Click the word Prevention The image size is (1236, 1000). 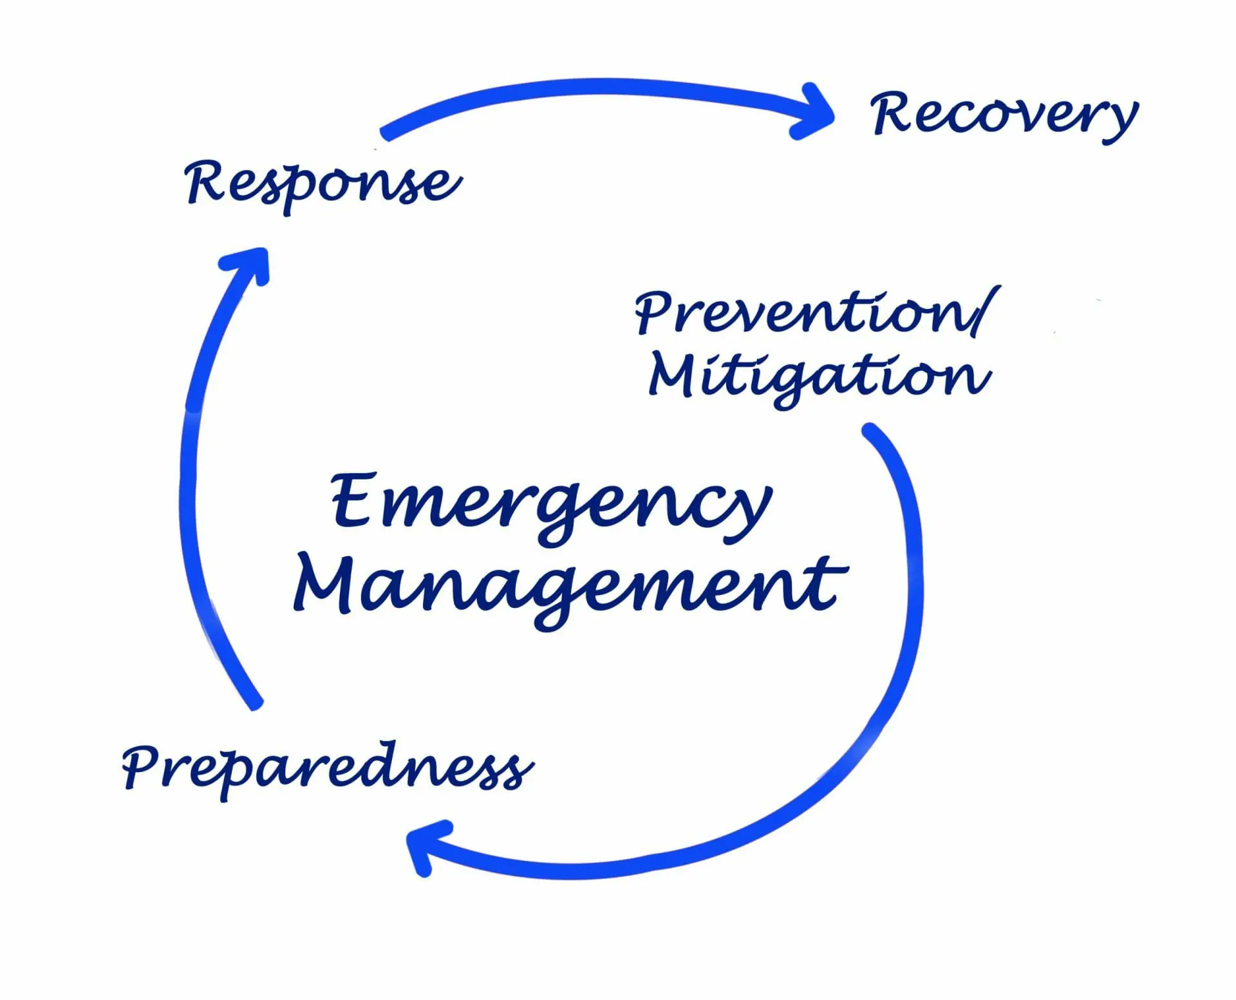click(x=805, y=313)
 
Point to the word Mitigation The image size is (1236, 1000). click(x=819, y=377)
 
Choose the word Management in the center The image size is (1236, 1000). click(x=570, y=586)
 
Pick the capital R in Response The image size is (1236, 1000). click(x=205, y=182)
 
